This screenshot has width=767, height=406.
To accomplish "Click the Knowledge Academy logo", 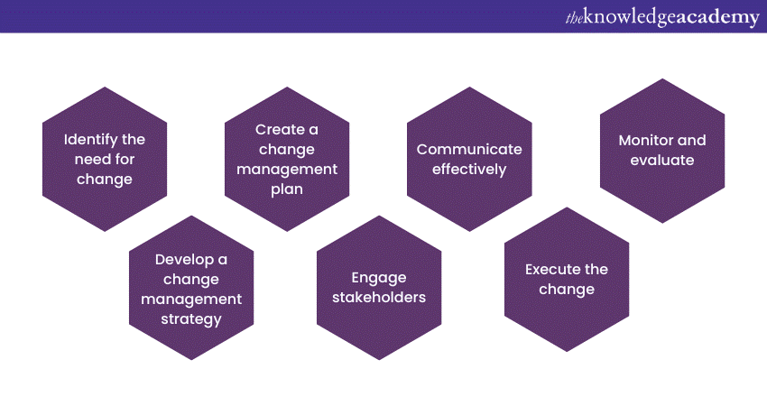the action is tap(662, 18).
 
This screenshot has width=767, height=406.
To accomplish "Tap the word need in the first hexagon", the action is tap(89, 160).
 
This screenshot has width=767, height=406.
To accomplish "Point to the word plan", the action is tap(287, 189).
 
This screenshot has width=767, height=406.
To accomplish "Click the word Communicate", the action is tap(469, 149).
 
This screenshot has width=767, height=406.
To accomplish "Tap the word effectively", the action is tap(469, 170).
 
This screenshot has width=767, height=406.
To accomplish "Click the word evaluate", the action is tap(661, 160).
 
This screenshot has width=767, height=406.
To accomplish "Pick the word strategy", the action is tap(191, 319).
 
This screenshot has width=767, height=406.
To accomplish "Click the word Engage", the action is tap(379, 278).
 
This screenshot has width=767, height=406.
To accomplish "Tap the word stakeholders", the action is tap(379, 298).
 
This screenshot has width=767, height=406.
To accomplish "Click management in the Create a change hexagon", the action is tap(287, 170).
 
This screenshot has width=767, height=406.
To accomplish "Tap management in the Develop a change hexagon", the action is tap(191, 300).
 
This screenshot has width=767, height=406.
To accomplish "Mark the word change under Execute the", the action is tap(567, 290).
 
